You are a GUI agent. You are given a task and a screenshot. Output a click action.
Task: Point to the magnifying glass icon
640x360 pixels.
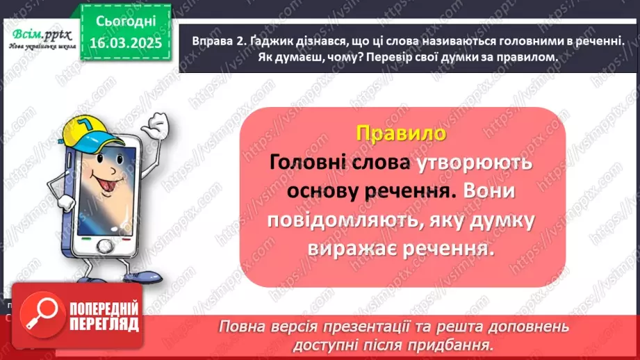coord(39,313)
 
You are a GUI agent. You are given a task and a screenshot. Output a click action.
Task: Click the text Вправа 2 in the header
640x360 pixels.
coord(214,42)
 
